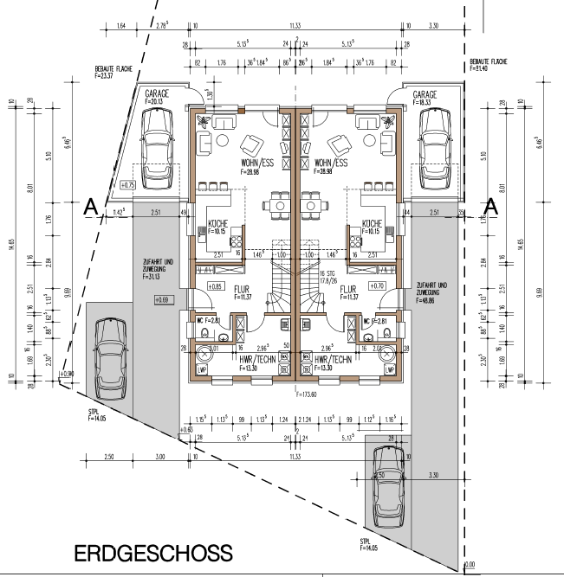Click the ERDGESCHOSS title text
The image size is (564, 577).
153,552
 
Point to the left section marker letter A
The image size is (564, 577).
89,208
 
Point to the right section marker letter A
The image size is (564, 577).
491,207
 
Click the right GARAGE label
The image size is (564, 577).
425,93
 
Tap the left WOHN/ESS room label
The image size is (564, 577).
258,163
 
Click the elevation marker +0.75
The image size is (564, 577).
128,184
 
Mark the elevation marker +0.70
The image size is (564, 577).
376,285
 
